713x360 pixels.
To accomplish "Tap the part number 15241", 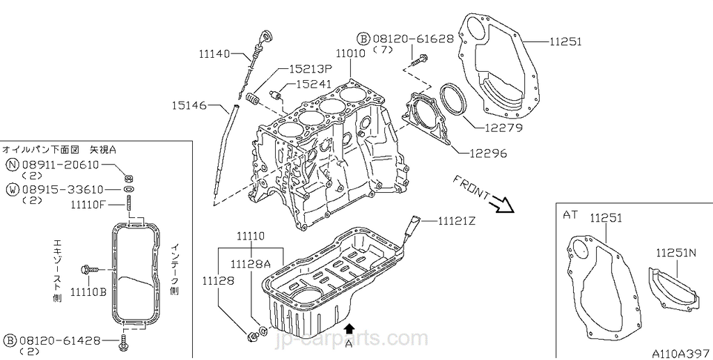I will click(x=314, y=84).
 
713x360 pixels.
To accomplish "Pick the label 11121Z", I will click(x=456, y=222).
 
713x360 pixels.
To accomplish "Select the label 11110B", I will click(x=88, y=291).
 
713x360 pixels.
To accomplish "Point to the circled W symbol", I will click(x=13, y=189).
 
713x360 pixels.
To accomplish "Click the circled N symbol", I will click(x=13, y=165).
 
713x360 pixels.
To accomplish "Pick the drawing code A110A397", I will click(x=681, y=352).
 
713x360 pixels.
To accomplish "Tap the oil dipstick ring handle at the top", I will click(x=265, y=35).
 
